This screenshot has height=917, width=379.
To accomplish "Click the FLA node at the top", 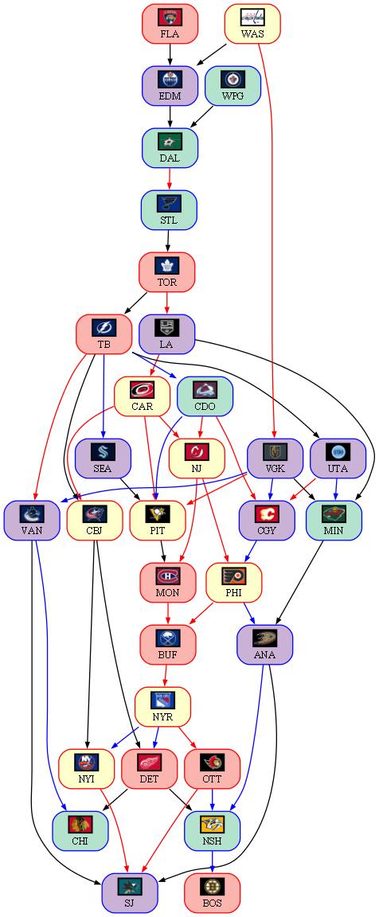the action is click(x=170, y=24).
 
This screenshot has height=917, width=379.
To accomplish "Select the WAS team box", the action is click(x=252, y=24).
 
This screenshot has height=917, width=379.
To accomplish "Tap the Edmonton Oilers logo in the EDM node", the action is click(x=170, y=79).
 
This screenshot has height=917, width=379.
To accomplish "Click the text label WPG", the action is click(x=232, y=96).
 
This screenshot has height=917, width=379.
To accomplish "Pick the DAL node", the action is click(x=170, y=148).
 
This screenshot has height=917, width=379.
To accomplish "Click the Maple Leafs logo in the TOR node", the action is click(x=166, y=266).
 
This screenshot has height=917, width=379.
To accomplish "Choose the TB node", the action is click(x=104, y=334).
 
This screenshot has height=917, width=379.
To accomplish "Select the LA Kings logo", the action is click(x=166, y=327).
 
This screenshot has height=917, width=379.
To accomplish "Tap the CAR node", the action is click(x=142, y=396).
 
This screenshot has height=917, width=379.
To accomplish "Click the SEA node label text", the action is click(x=103, y=468).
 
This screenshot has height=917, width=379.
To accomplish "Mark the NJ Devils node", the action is click(x=197, y=458).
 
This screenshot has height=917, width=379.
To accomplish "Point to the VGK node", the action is click(x=275, y=458).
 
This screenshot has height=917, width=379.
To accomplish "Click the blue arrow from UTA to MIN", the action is click(x=336, y=490).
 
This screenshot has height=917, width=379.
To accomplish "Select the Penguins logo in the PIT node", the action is click(x=158, y=514).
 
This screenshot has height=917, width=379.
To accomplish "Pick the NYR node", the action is click(x=162, y=707).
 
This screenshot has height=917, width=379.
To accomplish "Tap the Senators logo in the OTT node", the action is click(x=212, y=762).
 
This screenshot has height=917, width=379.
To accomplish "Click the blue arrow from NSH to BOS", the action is click(x=212, y=862).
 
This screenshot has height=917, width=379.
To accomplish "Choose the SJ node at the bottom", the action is click(x=129, y=893).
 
